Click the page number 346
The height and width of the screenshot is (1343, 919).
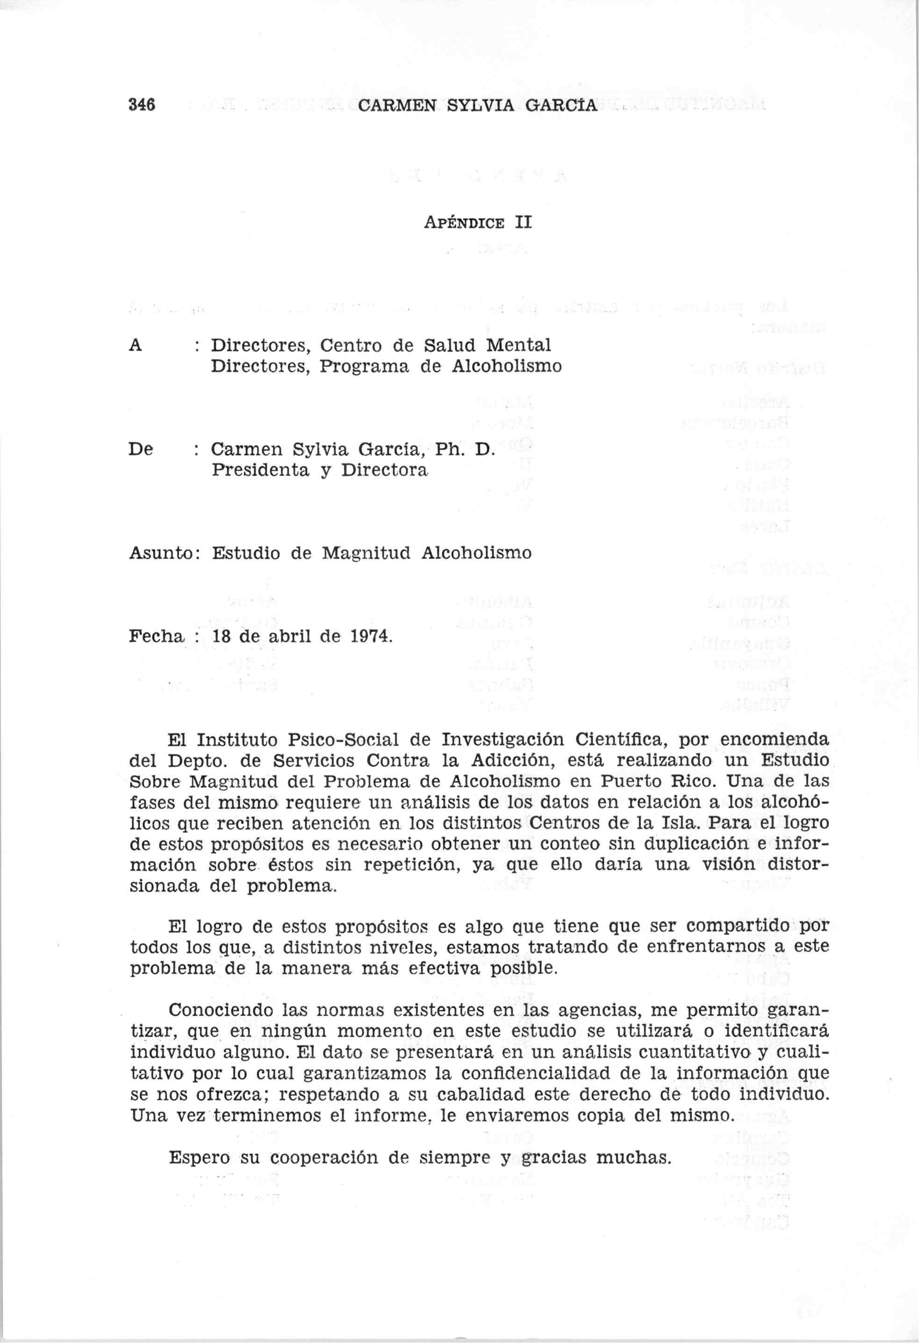click(142, 105)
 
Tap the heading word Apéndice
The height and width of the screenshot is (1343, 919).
click(465, 223)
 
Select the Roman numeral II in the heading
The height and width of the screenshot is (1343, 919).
click(523, 223)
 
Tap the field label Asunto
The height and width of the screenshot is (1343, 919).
click(161, 553)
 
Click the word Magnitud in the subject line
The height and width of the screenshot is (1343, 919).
click(365, 553)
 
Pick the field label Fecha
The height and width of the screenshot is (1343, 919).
click(155, 636)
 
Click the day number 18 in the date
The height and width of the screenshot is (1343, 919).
click(222, 636)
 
